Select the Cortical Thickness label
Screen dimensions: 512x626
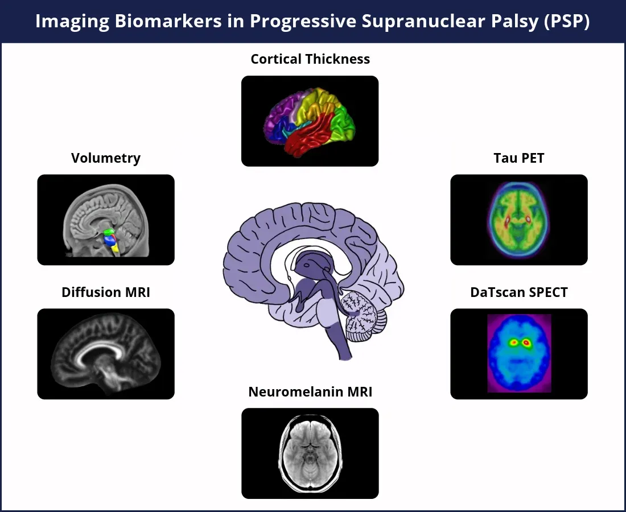click(310, 59)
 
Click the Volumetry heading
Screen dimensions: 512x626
click(106, 158)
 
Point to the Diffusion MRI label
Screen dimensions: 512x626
click(106, 292)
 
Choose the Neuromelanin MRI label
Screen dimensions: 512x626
click(310, 392)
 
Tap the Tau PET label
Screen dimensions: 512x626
click(519, 158)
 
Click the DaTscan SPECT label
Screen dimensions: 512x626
click(519, 292)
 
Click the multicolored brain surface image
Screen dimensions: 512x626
click(310, 121)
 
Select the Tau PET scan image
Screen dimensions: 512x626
click(519, 220)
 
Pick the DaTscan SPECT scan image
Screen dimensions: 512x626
click(519, 354)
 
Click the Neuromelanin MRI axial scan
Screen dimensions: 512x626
click(310, 453)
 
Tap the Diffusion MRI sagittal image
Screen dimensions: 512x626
click(106, 354)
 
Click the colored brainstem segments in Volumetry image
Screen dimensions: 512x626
click(110, 240)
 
